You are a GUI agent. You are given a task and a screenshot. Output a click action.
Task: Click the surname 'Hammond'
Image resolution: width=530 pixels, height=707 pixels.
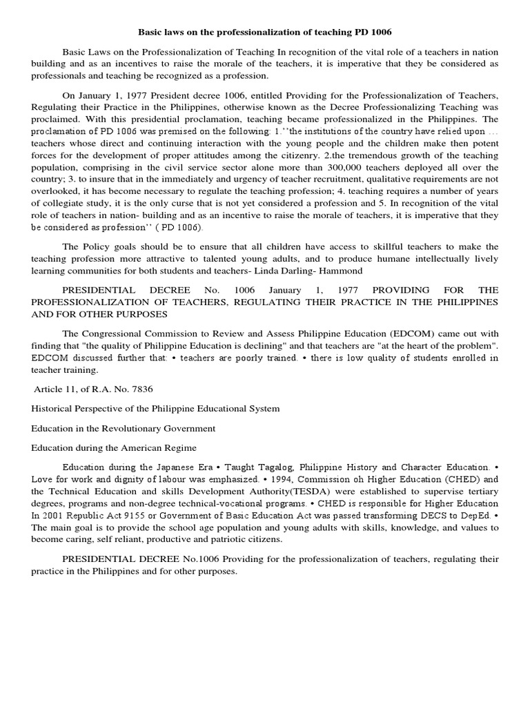click(339, 271)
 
